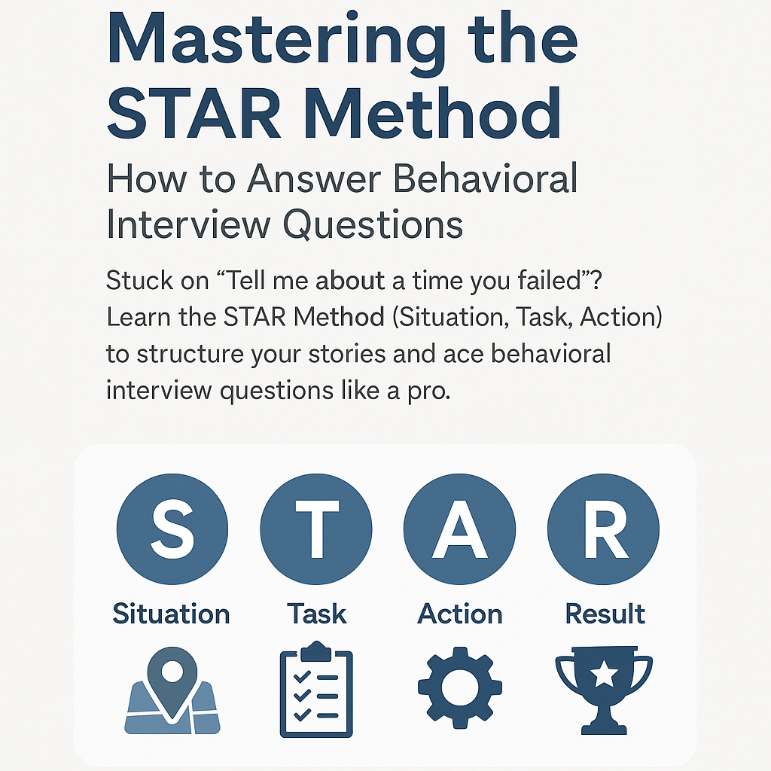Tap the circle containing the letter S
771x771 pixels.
point(173,529)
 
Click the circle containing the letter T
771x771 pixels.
point(316,529)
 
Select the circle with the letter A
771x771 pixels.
point(460,529)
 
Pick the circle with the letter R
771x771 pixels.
point(603,529)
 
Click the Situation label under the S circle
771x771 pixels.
point(171,614)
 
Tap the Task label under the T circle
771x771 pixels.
point(316,614)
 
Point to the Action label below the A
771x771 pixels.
point(460,614)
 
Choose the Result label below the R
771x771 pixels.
point(605,614)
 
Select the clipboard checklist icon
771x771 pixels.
point(316,690)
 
